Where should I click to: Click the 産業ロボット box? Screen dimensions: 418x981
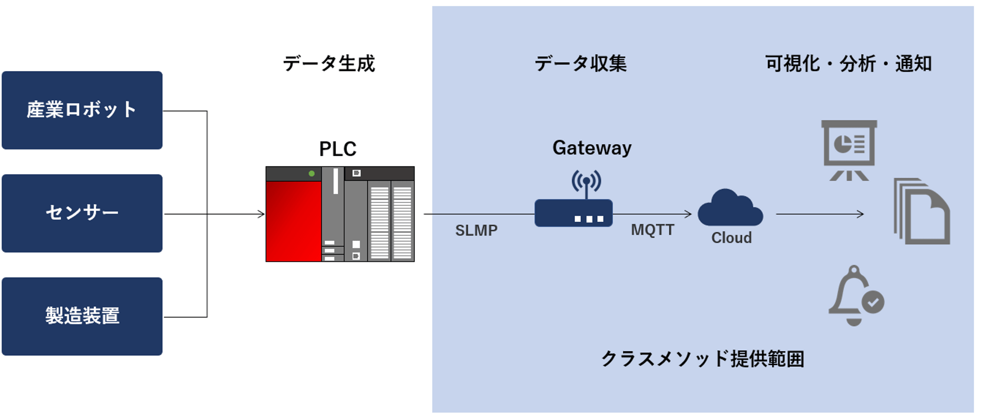point(82,110)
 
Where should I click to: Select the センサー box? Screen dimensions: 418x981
point(82,213)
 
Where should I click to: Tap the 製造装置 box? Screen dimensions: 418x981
point(82,316)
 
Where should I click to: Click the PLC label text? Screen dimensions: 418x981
point(337,149)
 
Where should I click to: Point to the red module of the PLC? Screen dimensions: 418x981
point(293,221)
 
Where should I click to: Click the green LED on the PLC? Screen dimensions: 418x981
point(311,174)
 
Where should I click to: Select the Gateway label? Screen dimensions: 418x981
point(592,148)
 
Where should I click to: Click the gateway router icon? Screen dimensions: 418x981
point(573,212)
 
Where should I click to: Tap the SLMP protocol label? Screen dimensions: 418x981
point(476,230)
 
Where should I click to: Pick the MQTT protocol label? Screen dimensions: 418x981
point(652,230)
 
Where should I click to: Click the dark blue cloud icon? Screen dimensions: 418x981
point(730,208)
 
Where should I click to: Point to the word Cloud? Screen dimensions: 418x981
point(731,238)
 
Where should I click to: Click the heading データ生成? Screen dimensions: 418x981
point(329,64)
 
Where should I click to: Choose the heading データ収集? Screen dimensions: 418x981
point(580,64)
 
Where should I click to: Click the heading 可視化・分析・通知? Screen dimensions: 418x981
point(848,64)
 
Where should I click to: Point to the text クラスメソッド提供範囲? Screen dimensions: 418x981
point(702,359)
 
